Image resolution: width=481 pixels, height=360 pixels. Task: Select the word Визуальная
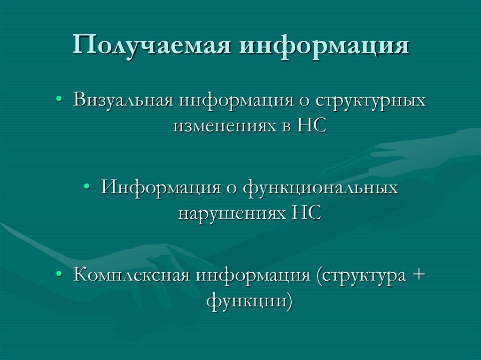pyautogui.click(x=124, y=101)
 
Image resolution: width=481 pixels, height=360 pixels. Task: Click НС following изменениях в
pyautogui.click(x=311, y=126)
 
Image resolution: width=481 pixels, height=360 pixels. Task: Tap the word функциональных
pyautogui.click(x=320, y=188)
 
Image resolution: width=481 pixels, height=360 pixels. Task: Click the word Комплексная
pyautogui.click(x=132, y=274)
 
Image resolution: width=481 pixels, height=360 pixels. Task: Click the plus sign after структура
pyautogui.click(x=418, y=275)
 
